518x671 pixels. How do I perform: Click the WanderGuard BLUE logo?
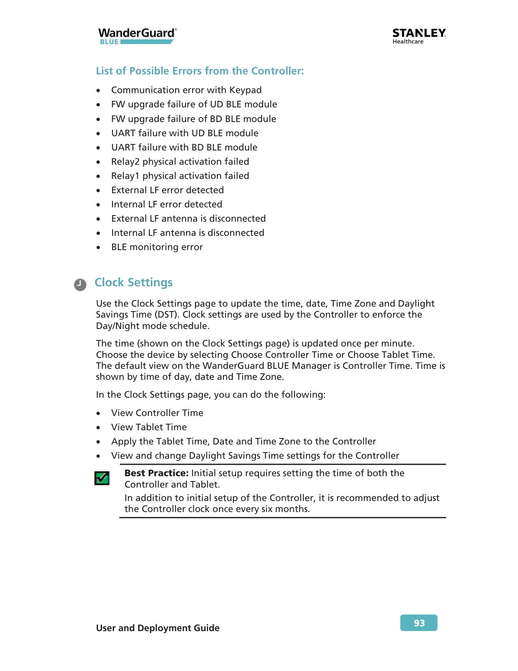137,36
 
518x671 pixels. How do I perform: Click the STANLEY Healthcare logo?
419,36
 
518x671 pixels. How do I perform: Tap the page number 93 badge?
418,623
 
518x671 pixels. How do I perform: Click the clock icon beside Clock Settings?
80,284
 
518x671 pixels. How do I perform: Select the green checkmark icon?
102,478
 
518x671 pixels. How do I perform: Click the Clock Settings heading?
133,282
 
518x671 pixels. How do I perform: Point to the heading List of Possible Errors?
199,71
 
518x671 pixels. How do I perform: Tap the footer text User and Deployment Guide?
158,628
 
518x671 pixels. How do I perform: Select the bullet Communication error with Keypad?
186,90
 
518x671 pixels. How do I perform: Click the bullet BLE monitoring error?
157,247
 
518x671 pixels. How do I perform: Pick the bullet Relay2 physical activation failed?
180,161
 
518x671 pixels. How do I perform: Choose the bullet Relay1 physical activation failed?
180,176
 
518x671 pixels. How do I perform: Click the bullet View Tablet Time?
149,427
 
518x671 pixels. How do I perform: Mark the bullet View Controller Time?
157,413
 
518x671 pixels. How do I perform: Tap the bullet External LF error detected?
167,190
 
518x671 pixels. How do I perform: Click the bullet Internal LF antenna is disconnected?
188,233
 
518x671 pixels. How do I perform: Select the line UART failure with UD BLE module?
184,133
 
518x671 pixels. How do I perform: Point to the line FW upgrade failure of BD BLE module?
193,119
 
